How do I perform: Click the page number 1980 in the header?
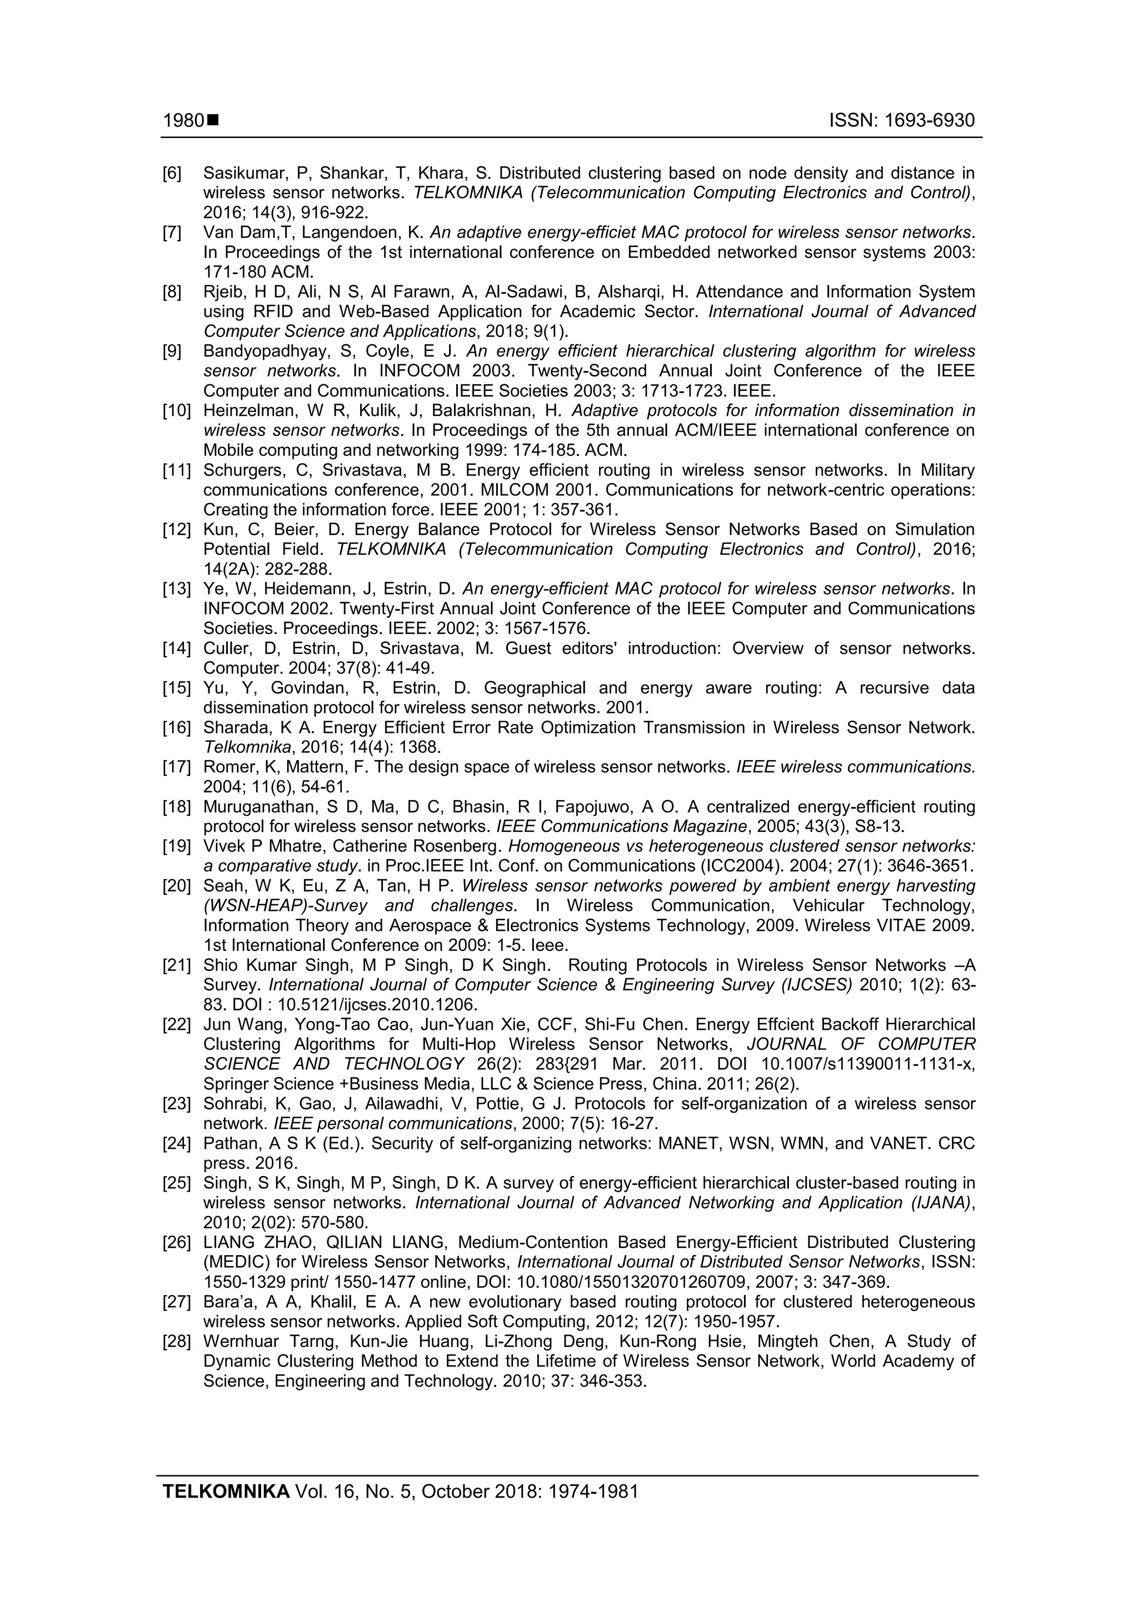184,121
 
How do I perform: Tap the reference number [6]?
172,174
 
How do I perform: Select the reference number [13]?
177,589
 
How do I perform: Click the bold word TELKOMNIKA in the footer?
226,1511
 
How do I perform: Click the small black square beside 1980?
213,121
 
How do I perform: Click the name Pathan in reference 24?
231,1144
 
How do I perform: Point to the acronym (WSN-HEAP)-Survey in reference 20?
289,906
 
